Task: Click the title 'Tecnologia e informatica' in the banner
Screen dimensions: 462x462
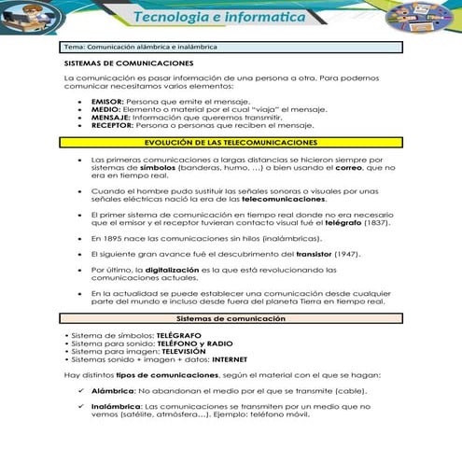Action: coord(231,18)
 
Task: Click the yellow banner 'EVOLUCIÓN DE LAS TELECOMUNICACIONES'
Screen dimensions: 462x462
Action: coord(231,142)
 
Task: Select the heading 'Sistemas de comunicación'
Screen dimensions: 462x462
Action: coord(231,319)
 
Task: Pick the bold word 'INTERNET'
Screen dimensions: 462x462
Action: coord(234,358)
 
